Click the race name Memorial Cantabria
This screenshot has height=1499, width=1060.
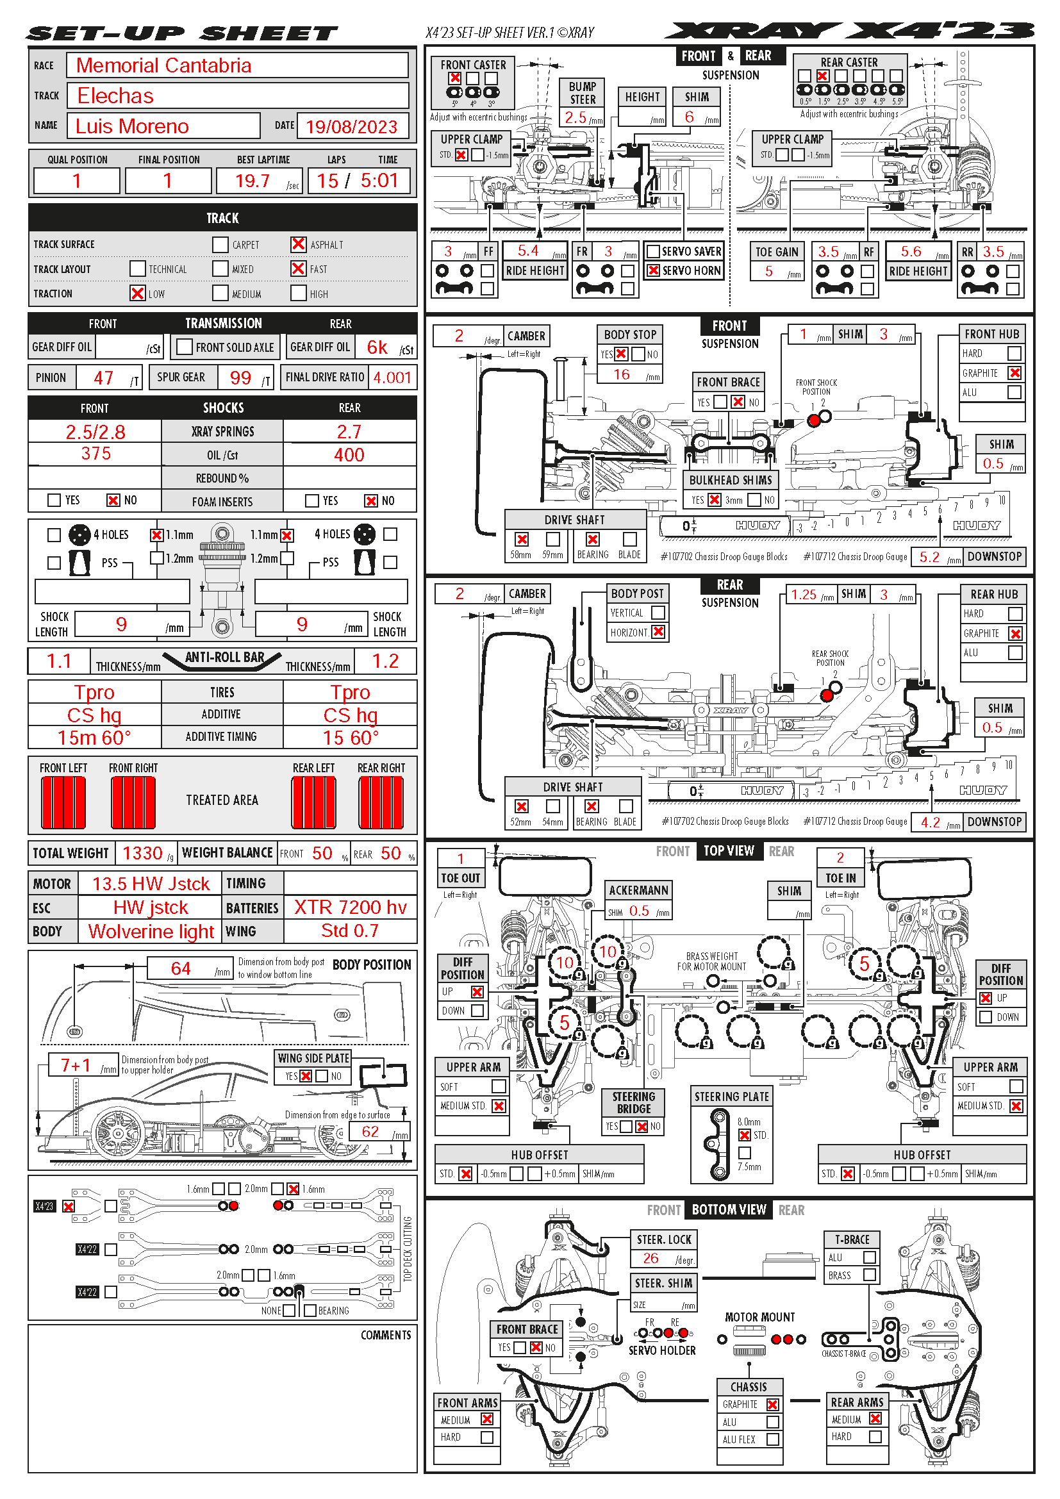(x=164, y=65)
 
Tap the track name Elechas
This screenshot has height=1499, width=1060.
(x=115, y=96)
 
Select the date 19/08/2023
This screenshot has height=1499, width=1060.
(x=351, y=127)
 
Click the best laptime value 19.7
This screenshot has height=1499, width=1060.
(x=253, y=181)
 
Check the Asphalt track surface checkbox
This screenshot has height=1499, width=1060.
(x=298, y=244)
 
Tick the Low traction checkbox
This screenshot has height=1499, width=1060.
(x=137, y=293)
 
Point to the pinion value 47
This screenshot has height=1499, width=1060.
(x=104, y=377)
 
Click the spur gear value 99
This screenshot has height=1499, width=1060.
(x=240, y=377)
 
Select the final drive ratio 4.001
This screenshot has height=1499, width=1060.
(x=392, y=377)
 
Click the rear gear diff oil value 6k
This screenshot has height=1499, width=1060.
(x=377, y=347)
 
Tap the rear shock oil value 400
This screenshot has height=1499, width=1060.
(x=349, y=455)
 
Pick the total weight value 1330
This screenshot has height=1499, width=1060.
(x=142, y=853)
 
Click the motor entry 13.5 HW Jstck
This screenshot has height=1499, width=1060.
(x=151, y=884)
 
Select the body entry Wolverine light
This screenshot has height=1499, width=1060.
(x=151, y=931)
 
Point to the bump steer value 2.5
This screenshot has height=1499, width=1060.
(x=576, y=117)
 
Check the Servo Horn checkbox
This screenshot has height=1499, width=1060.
(x=652, y=270)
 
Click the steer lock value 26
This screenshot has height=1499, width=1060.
(x=650, y=1258)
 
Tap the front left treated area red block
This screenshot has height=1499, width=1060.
(x=63, y=802)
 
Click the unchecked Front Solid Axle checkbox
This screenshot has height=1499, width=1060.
(x=185, y=347)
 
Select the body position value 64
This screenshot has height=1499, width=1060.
(x=181, y=968)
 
